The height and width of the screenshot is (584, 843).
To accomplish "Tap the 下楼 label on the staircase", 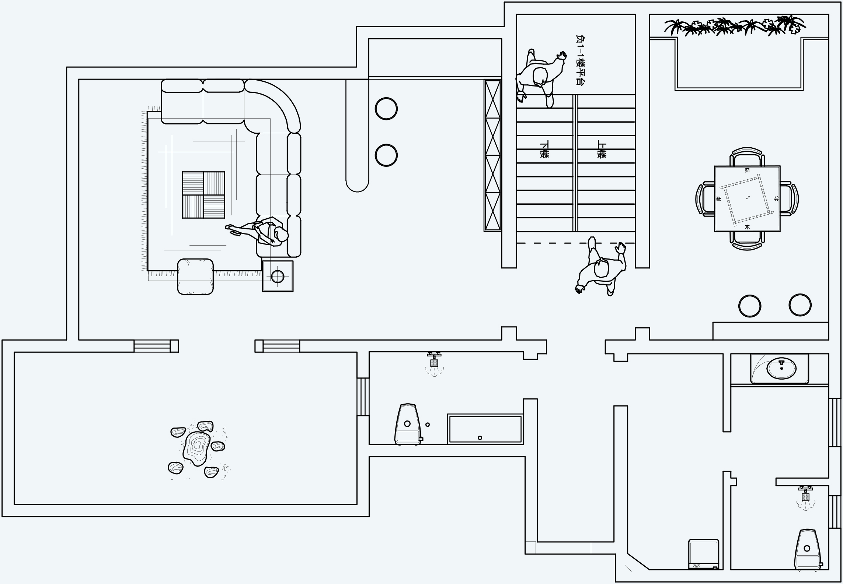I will (544, 149).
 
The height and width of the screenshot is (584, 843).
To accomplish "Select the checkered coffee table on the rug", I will (203, 195).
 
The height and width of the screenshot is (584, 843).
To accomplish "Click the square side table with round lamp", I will (278, 276).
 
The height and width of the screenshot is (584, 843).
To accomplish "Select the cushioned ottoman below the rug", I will (195, 276).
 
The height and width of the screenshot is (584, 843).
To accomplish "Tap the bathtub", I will (485, 429).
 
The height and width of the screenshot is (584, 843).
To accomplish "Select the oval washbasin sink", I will (781, 368).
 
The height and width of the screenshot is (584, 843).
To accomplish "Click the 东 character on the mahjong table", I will (747, 227).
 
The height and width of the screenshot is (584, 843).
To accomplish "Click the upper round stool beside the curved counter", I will (386, 109).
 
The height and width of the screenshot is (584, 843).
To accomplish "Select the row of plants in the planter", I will (735, 26).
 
